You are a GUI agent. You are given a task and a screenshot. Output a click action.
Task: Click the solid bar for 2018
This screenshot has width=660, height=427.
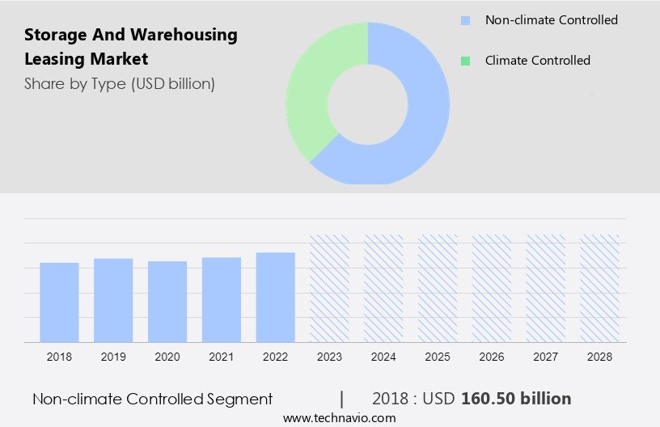(59, 302)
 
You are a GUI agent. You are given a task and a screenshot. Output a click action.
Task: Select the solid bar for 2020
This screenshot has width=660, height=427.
(167, 301)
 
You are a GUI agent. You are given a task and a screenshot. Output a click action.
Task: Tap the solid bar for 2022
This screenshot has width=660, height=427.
(276, 297)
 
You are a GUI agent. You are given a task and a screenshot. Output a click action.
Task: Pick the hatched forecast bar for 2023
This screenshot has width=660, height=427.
(330, 288)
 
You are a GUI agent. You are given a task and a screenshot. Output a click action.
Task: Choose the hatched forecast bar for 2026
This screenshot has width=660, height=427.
(492, 288)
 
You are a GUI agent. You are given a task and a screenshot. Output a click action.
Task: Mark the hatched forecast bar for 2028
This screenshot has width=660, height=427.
(600, 288)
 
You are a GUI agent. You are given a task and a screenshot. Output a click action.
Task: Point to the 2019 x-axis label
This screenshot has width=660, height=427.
(113, 357)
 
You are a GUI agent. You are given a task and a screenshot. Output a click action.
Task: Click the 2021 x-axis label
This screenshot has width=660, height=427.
(222, 357)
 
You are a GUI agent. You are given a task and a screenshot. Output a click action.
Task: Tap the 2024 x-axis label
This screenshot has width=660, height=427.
(383, 357)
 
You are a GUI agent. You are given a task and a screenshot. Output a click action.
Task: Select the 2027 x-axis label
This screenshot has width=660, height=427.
(546, 357)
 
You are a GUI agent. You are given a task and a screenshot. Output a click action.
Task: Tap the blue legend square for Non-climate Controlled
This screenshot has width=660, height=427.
(464, 20)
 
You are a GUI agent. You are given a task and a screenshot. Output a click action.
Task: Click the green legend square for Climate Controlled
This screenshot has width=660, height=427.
(464, 61)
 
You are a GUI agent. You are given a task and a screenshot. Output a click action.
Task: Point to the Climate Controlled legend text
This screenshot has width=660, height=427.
(537, 61)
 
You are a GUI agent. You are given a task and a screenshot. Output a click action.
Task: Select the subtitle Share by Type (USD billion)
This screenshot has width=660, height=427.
(120, 83)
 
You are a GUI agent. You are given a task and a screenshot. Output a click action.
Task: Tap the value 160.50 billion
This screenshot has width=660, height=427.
(516, 399)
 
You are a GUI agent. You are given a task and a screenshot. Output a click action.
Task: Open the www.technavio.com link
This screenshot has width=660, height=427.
(340, 417)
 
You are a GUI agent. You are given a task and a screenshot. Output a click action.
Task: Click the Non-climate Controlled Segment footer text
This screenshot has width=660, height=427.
(152, 399)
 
